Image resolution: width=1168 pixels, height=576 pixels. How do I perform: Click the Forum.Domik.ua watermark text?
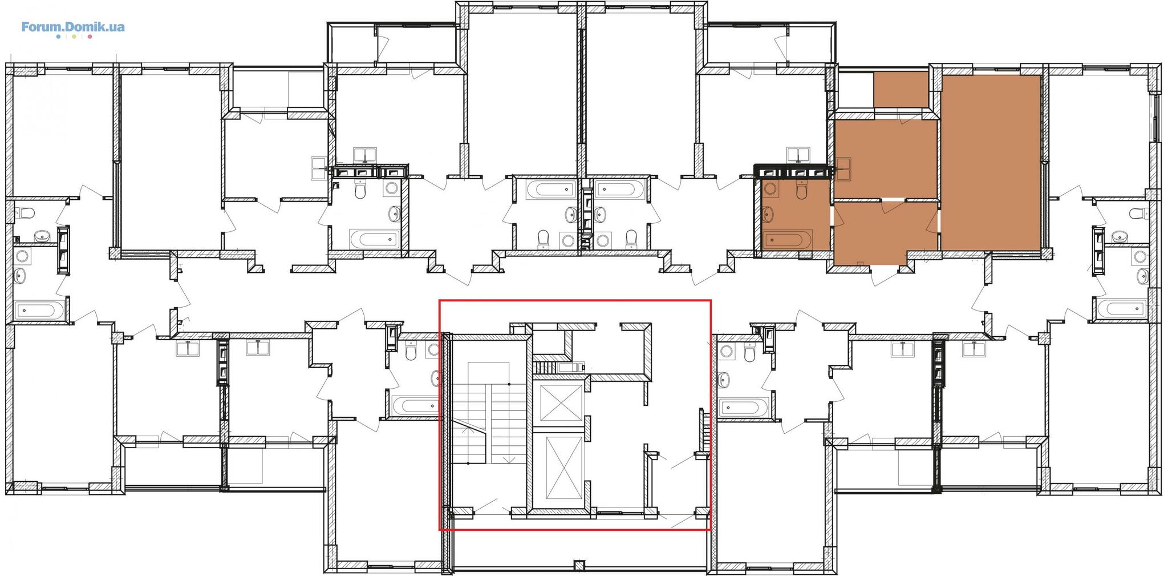[x=73, y=26]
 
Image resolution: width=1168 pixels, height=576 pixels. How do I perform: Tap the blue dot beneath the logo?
[x=58, y=37]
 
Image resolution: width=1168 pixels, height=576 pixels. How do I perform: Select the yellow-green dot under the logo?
[x=74, y=37]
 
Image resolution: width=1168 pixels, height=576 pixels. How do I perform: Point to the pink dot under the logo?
[x=90, y=37]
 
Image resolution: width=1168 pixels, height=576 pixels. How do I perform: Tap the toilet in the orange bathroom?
[x=801, y=190]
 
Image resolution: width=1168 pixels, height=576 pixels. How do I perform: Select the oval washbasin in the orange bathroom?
[x=769, y=215]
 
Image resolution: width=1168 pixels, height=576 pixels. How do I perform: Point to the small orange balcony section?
[x=901, y=89]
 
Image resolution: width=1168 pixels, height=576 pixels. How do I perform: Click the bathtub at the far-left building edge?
[x=35, y=311]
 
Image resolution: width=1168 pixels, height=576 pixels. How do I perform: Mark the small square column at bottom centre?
[x=579, y=566]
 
